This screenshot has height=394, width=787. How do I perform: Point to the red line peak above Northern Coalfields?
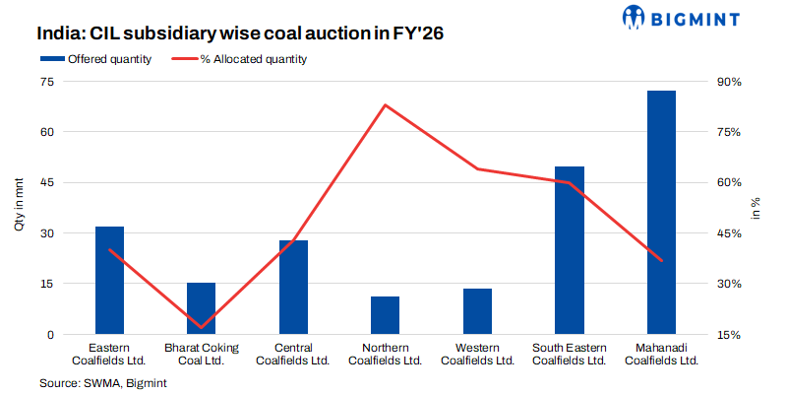click(385, 104)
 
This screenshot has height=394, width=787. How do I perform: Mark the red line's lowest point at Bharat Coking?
click(201, 327)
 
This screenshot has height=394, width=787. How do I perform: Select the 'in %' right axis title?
click(756, 208)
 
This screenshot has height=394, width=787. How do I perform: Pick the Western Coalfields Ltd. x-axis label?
click(477, 354)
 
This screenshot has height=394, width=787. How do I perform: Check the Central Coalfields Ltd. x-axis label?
click(293, 354)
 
